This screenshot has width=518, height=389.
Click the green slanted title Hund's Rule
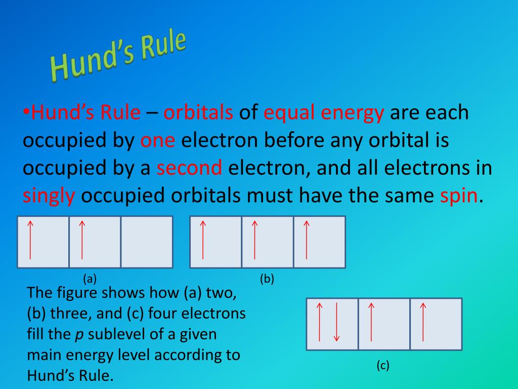point(118,56)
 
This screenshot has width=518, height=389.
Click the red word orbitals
point(198,112)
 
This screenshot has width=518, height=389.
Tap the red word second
point(189,167)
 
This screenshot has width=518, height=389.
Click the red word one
point(158,140)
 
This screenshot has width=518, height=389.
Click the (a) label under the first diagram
point(90,279)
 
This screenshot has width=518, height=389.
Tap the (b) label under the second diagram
point(267,279)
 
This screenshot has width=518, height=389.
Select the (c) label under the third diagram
point(383,365)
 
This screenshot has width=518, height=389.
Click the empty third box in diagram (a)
point(147,242)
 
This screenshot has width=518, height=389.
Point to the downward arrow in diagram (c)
point(336,322)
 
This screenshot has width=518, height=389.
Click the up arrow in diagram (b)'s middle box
point(255,240)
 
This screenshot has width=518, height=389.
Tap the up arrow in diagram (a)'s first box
point(30,240)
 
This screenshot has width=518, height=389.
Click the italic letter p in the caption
point(79,334)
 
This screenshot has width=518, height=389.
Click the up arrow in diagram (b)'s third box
point(307,240)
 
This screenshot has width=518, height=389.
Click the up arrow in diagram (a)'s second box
point(82,240)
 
